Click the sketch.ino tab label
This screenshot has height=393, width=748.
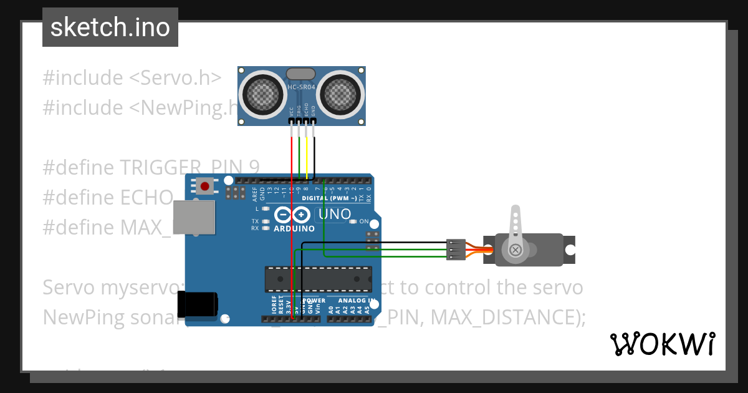pos(110,27)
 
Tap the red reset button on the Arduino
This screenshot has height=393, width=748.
pos(204,185)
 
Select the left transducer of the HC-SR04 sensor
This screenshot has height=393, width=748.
pos(263,93)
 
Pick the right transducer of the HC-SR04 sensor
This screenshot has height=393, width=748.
pos(340,93)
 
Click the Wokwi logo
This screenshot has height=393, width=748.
pos(662,344)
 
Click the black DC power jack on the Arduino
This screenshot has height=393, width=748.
pos(198,304)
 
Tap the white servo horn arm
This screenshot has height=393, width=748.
pos(515,231)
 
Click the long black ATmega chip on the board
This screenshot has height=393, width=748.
pos(319,279)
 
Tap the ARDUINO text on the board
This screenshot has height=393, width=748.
pos(294,228)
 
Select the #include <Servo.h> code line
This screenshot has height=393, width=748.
pos(132,78)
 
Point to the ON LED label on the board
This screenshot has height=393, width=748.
pos(364,221)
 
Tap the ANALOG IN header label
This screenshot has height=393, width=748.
pos(356,300)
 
